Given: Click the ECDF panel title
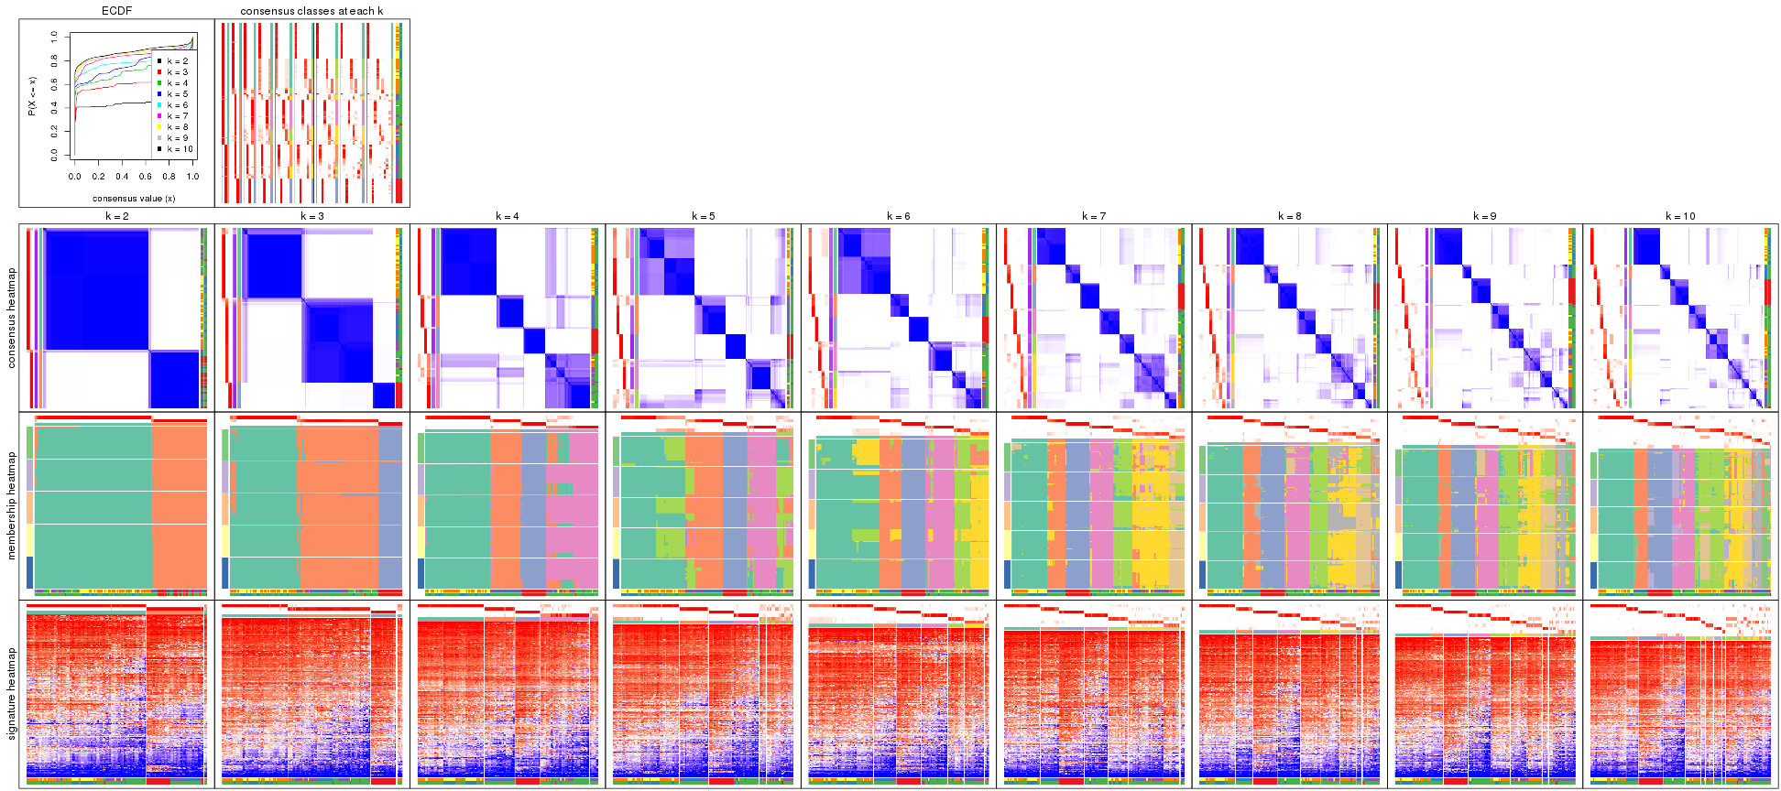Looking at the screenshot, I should click(116, 11).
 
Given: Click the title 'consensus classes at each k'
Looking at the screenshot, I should click(311, 11).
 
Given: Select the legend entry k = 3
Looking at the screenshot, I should click(178, 72).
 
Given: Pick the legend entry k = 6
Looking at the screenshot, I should click(178, 105).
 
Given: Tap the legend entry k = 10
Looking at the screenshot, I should click(180, 149).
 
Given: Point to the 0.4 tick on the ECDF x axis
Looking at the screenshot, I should click(122, 177).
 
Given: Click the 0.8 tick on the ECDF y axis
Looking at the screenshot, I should click(54, 61).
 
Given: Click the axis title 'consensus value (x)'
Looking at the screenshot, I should click(134, 198).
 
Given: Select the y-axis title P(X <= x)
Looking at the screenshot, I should click(31, 97).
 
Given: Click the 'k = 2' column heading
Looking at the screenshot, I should click(116, 217).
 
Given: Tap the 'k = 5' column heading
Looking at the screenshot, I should click(703, 217).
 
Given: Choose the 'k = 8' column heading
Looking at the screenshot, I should click(1289, 217).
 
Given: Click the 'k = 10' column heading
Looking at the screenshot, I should click(1680, 217).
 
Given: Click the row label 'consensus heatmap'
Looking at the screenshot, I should click(12, 318).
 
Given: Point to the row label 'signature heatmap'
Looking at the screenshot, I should click(12, 693).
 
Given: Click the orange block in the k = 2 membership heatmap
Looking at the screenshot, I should click(180, 504).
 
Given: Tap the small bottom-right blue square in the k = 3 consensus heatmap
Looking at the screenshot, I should click(384, 395).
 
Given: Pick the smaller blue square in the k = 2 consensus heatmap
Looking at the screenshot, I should click(174, 379).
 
